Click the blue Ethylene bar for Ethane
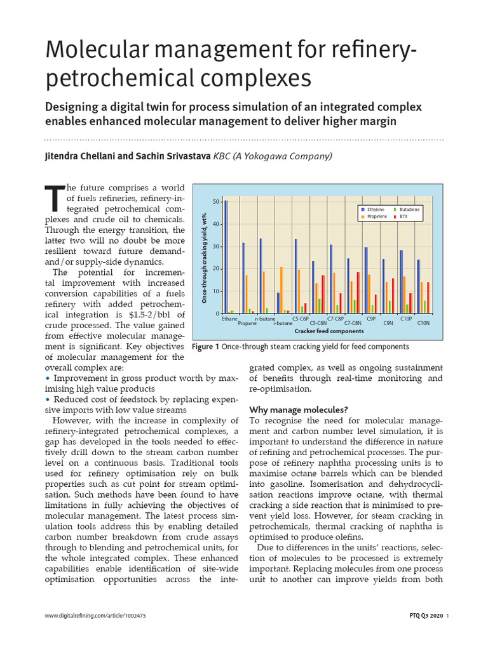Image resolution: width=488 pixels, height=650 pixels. [x=226, y=256]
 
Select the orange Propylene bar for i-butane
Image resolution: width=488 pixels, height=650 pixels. [x=281, y=290]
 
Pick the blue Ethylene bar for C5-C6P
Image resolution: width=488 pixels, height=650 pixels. [x=296, y=276]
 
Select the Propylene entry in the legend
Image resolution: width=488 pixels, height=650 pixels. [x=374, y=216]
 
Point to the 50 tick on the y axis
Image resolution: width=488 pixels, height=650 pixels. [x=217, y=202]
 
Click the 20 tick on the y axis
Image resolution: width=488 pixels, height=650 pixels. [x=217, y=269]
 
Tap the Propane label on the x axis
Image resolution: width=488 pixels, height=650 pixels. [x=247, y=323]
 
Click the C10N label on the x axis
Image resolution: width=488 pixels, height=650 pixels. [x=423, y=323]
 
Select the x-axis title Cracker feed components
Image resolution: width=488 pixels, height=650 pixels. [x=329, y=331]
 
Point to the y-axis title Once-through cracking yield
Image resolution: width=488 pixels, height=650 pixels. [x=205, y=256]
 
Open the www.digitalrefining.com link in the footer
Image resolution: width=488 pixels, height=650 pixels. [x=95, y=616]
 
